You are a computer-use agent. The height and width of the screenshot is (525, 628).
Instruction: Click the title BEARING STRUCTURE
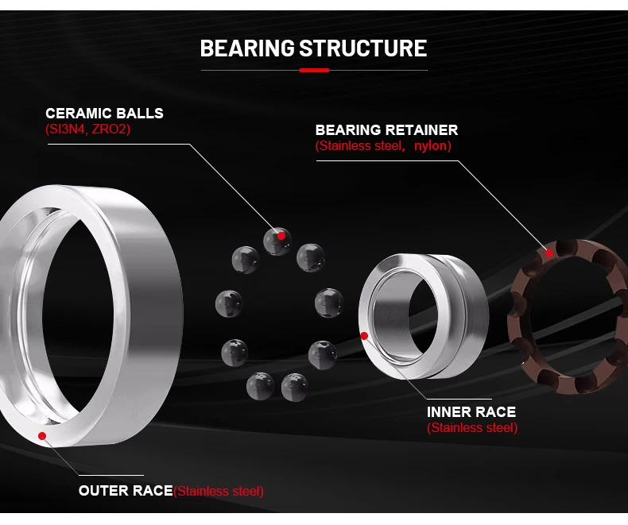tap(313, 48)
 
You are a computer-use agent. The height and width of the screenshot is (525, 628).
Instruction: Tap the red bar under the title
tap(314, 71)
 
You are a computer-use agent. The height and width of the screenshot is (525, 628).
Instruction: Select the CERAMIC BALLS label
tap(104, 113)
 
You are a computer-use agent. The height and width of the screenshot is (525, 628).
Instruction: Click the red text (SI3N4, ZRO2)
tap(87, 129)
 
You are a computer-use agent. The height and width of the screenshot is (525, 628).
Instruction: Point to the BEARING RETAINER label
tap(386, 129)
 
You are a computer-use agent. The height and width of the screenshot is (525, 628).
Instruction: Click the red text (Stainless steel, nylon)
tap(383, 146)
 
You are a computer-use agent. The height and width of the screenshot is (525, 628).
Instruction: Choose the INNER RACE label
tap(471, 411)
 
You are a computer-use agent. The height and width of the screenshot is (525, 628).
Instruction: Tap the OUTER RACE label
tap(126, 490)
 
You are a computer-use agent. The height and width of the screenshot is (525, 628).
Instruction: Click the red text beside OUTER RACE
tap(219, 491)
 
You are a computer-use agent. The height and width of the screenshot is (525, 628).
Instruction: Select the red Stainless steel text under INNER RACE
tap(472, 428)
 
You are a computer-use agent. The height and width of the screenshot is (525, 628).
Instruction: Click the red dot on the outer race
tap(42, 435)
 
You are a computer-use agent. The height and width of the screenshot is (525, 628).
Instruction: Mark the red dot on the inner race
tap(365, 335)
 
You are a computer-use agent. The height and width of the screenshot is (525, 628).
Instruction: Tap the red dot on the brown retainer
tap(549, 253)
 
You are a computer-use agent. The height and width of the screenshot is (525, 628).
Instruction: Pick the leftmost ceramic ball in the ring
tap(229, 302)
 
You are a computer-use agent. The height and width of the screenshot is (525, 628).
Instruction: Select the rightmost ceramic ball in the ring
tap(328, 302)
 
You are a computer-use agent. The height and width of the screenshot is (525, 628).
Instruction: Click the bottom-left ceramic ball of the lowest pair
tap(260, 386)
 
